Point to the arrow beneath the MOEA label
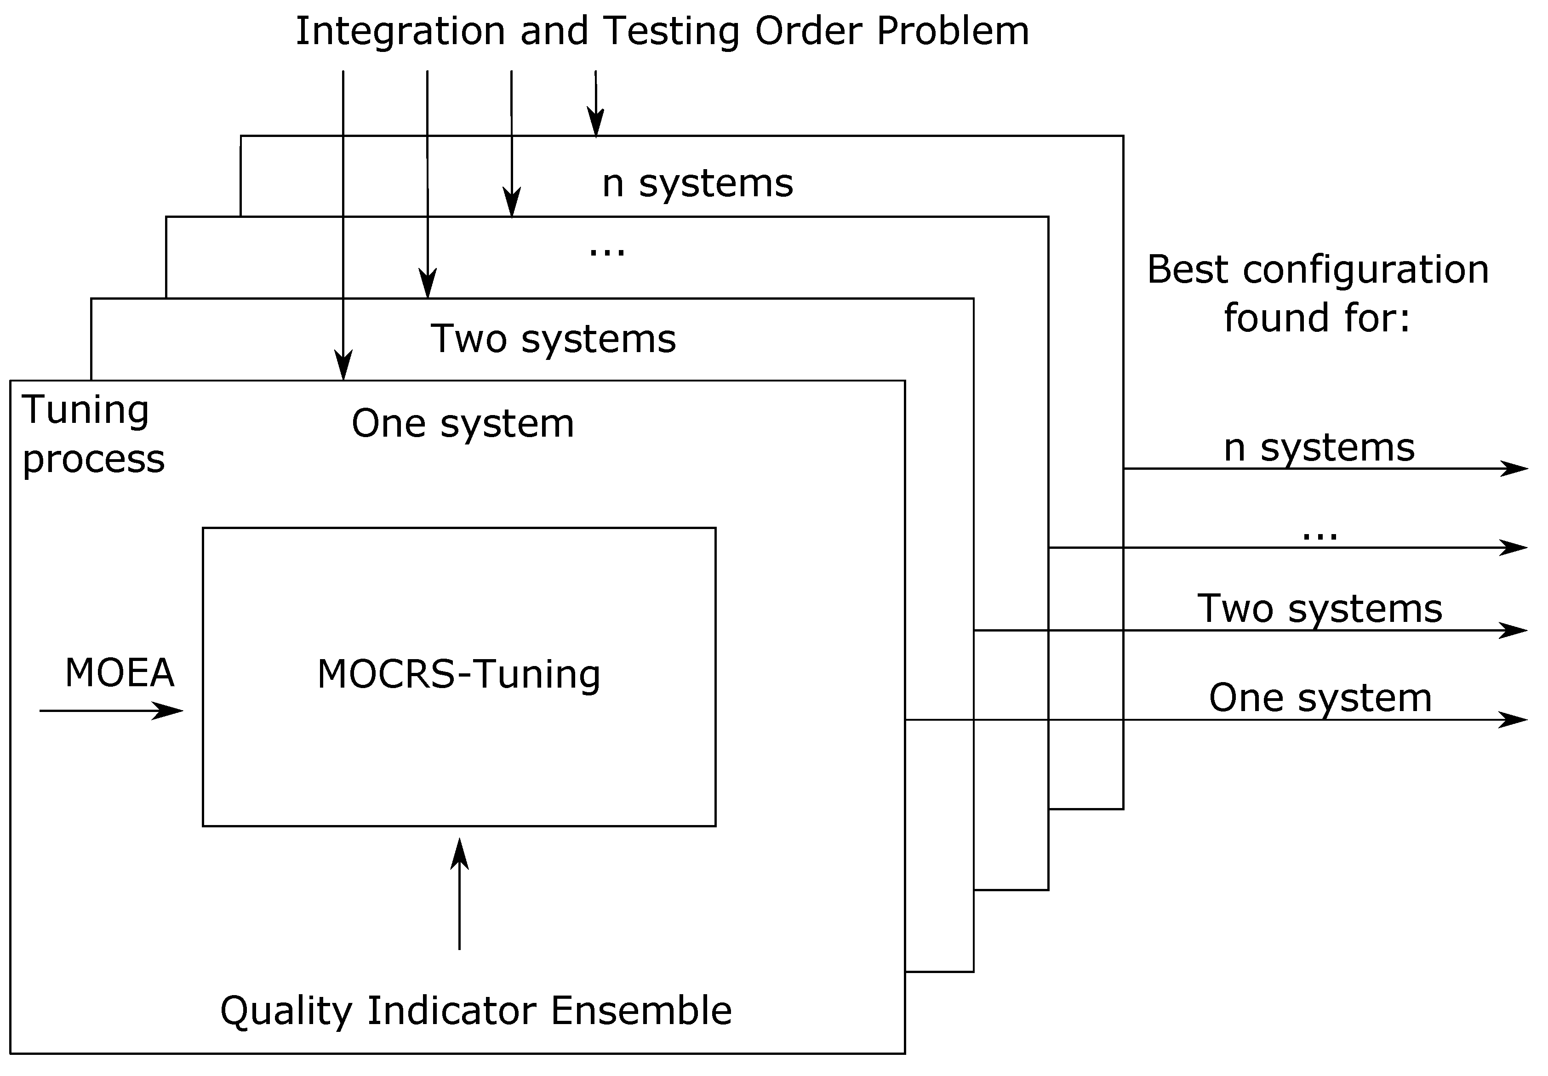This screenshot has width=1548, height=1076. click(x=111, y=711)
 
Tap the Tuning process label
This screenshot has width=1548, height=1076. click(x=92, y=434)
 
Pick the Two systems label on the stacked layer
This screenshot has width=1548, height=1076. click(x=553, y=338)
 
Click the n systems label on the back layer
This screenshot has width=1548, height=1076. click(x=697, y=183)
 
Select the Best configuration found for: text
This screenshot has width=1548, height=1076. click(x=1317, y=293)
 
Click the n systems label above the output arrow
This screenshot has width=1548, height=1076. click(x=1319, y=448)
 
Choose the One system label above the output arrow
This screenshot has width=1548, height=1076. click(x=1320, y=698)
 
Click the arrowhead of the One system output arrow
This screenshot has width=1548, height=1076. click(x=1518, y=720)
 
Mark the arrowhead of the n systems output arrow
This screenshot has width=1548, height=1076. click(x=1518, y=468)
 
